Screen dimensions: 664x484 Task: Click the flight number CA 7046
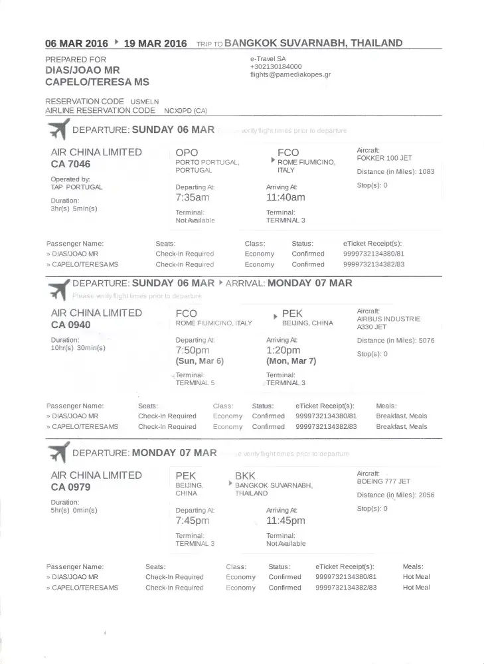[x=70, y=164]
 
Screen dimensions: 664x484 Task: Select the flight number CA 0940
[x=70, y=325]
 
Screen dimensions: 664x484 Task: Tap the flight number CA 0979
[x=70, y=487]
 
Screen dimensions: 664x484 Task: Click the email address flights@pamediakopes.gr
[x=290, y=75]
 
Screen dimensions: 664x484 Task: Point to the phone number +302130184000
[x=276, y=67]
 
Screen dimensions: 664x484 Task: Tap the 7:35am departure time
[x=193, y=197]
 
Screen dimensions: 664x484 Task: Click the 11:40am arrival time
[x=285, y=197]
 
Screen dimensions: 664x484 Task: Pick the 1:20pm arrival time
[x=283, y=350]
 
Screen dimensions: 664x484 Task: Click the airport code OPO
[x=187, y=153]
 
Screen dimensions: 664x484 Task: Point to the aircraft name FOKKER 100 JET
[x=384, y=159]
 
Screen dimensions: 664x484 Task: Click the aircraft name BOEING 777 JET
[x=384, y=481]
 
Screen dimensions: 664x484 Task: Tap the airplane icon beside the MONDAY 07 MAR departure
[x=58, y=453]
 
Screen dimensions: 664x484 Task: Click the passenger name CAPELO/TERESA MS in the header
[x=97, y=82]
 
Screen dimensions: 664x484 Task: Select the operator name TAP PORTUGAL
[x=77, y=187]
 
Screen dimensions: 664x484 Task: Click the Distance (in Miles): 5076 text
[x=396, y=341]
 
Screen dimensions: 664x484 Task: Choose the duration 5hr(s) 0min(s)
[x=74, y=510]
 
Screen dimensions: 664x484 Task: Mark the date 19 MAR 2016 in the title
[x=155, y=44]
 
